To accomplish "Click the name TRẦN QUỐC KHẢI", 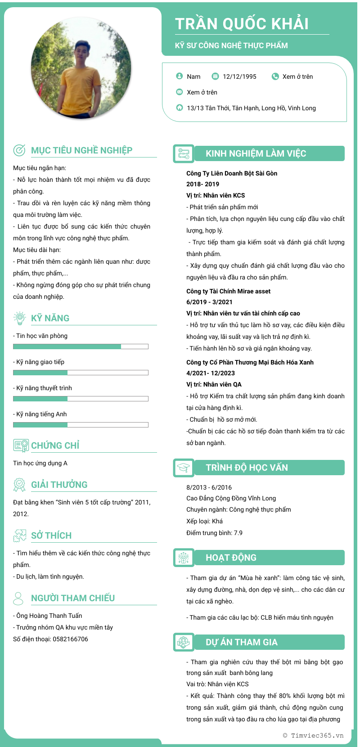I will (x=242, y=24).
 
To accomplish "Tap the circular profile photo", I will (x=81, y=67).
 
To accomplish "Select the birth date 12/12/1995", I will (x=239, y=76).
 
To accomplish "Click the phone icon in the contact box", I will (x=275, y=76).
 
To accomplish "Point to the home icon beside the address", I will (x=180, y=108).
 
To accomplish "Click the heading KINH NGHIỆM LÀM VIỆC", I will (x=256, y=153).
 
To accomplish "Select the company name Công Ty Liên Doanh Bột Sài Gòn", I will (x=232, y=173).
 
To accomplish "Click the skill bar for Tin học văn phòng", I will (x=81, y=346).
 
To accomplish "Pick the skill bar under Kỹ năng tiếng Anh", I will (x=81, y=425).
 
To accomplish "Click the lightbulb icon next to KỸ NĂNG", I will (x=19, y=318).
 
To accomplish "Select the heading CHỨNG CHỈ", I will (x=55, y=445).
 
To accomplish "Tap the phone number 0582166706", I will (x=70, y=639).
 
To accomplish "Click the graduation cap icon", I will (x=183, y=468).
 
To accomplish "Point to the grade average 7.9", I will (x=238, y=533).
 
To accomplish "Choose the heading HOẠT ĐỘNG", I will (x=231, y=558).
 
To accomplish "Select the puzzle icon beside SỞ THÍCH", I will (x=19, y=535).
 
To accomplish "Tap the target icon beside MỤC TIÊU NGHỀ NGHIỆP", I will (x=19, y=150).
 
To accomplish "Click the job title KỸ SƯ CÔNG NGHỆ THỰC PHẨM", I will (x=231, y=45).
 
